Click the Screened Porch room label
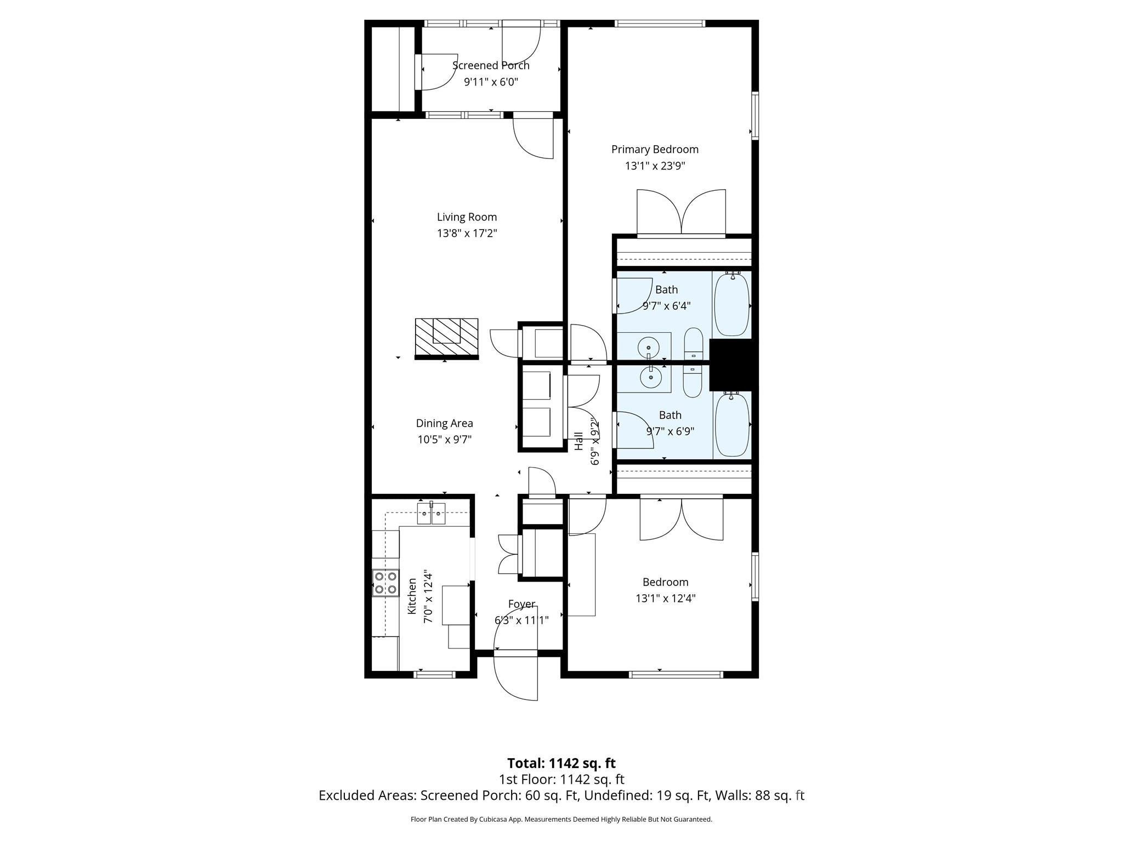(491, 66)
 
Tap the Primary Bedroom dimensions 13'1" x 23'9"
(655, 166)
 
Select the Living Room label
(467, 217)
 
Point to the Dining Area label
(444, 423)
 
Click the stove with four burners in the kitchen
(385, 583)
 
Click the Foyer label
(521, 604)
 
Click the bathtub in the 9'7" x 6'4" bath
(731, 304)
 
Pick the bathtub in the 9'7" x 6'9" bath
(731, 425)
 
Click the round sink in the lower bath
(651, 377)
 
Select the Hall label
(579, 441)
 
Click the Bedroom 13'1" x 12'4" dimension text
(665, 599)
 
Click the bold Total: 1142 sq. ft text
(561, 763)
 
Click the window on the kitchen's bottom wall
(434, 674)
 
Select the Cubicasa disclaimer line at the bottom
(561, 820)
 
